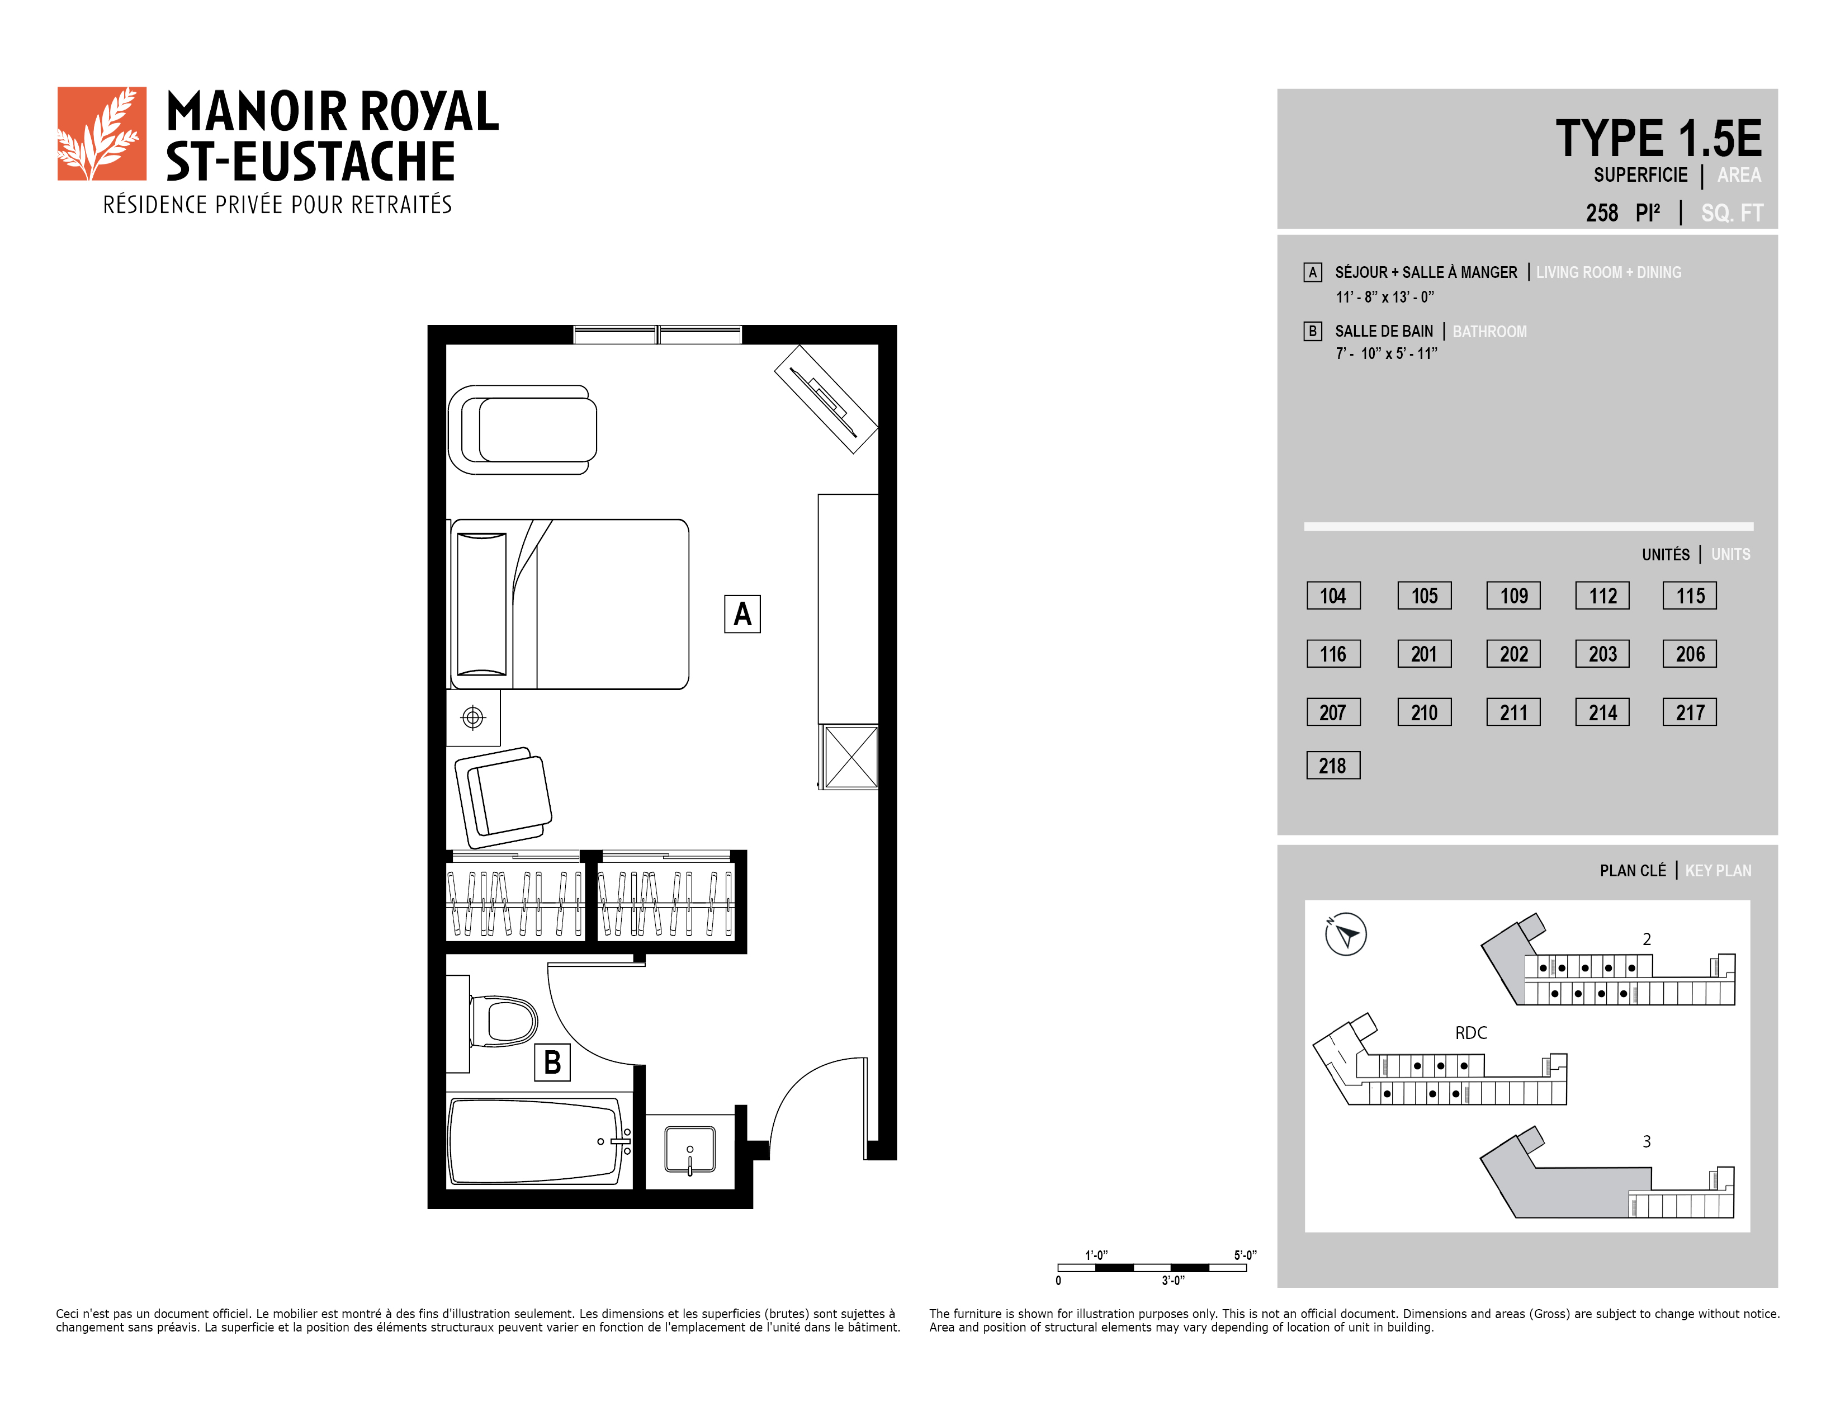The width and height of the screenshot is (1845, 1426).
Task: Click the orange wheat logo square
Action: [x=101, y=134]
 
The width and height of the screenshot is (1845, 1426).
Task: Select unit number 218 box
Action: [x=1333, y=766]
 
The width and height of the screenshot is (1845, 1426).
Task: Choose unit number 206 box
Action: [x=1690, y=654]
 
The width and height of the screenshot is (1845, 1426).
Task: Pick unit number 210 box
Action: [x=1425, y=712]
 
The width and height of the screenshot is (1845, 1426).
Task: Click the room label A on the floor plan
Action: [x=742, y=614]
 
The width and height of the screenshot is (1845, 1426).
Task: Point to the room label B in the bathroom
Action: [x=552, y=1063]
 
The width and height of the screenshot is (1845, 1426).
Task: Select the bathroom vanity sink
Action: [x=689, y=1150]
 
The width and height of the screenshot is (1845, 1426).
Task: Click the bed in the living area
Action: [x=569, y=604]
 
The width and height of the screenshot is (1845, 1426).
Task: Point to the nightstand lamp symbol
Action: [x=473, y=718]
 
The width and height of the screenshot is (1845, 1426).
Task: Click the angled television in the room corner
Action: [x=826, y=399]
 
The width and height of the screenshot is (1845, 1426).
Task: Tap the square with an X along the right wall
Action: [x=851, y=757]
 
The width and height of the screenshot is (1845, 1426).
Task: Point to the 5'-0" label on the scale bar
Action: [x=1245, y=1255]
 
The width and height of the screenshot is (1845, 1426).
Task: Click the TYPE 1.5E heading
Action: [x=1658, y=139]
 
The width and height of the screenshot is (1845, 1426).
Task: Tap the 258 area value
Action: [x=1602, y=213]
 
